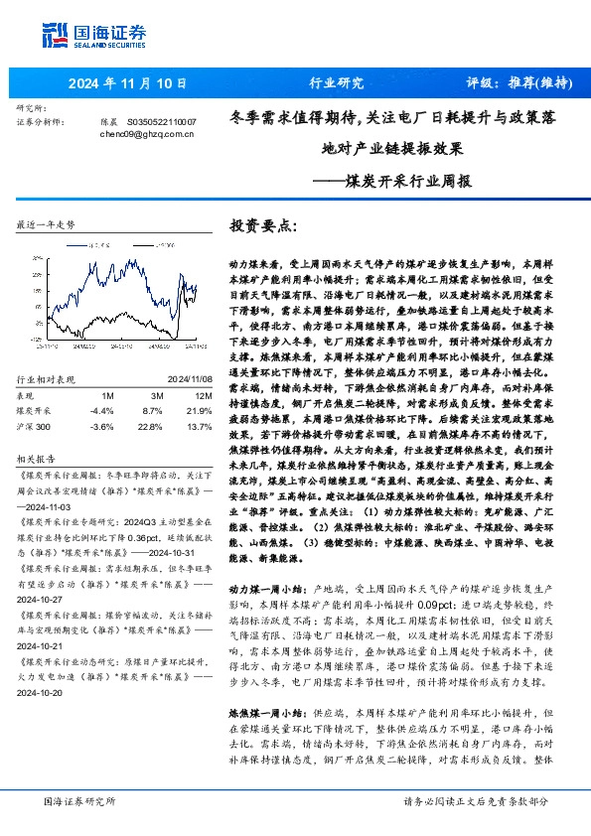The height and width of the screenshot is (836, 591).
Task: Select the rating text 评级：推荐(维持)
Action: click(x=514, y=82)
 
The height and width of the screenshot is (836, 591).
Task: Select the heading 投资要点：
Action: click(x=262, y=225)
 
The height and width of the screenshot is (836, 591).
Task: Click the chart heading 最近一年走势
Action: click(x=47, y=225)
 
